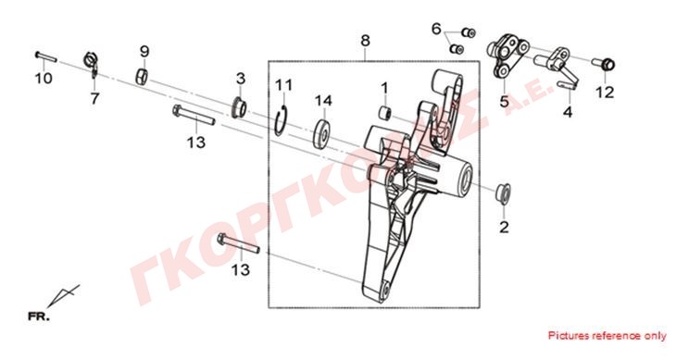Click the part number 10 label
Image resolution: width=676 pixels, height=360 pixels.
(x=44, y=79)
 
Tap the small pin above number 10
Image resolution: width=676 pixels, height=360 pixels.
(x=45, y=56)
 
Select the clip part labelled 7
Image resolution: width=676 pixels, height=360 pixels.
(x=92, y=64)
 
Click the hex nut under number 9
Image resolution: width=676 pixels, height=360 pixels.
(x=142, y=76)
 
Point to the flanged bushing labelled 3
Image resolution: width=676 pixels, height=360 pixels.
(x=239, y=107)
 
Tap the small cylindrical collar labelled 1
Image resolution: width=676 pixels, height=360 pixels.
(x=384, y=113)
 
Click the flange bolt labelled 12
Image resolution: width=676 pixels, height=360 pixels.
(x=605, y=64)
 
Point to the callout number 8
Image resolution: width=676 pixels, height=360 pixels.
(x=365, y=41)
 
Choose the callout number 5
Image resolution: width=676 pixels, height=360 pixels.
(x=505, y=102)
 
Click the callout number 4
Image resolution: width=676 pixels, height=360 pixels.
(x=568, y=112)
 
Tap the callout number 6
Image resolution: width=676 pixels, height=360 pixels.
(x=436, y=30)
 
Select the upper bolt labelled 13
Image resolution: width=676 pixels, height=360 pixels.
(x=194, y=115)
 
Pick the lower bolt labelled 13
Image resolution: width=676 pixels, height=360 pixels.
(x=238, y=243)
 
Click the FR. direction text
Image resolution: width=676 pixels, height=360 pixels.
(x=39, y=317)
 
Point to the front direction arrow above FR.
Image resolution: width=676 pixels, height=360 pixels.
(x=63, y=296)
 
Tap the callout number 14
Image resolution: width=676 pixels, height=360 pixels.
(x=323, y=100)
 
